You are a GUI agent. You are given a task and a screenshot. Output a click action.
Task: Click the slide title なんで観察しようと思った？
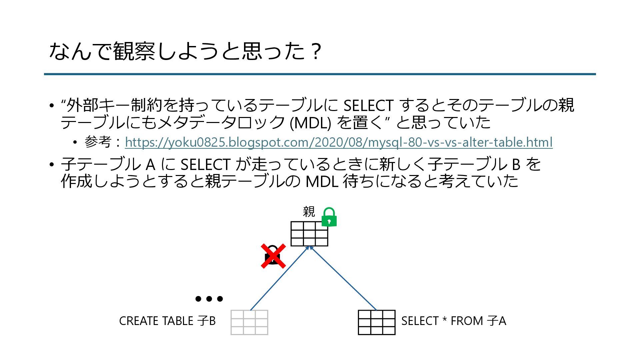(x=185, y=52)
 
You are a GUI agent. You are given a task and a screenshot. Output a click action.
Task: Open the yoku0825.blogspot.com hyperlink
(x=339, y=142)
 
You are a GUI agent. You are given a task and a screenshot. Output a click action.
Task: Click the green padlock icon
(x=329, y=218)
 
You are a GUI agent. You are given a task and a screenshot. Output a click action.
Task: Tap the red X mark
(x=273, y=256)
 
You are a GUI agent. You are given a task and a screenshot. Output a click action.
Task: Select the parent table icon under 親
(x=309, y=234)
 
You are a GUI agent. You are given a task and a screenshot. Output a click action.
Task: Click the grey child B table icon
(x=249, y=322)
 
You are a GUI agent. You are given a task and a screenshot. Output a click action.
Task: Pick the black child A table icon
(x=377, y=322)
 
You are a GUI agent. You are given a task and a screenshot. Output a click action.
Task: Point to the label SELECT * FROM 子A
(x=454, y=321)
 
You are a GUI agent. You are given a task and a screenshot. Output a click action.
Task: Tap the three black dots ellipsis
(x=209, y=299)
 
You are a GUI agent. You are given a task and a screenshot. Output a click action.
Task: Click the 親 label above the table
(x=309, y=212)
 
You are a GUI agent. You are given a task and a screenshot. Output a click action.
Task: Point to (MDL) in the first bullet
(x=310, y=123)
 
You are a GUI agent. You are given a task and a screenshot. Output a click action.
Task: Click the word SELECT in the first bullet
(x=368, y=106)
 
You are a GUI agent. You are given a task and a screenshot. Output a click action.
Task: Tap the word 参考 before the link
(x=98, y=142)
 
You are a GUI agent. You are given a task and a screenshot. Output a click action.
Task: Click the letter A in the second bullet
(x=151, y=164)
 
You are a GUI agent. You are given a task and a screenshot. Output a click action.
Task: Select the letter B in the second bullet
(x=516, y=164)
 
